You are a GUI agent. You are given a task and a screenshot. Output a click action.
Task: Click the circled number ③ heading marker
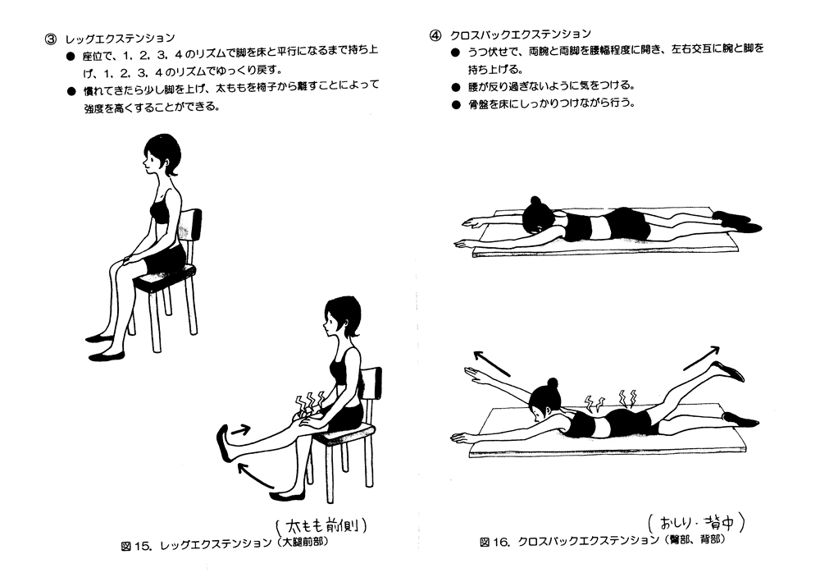coord(49,38)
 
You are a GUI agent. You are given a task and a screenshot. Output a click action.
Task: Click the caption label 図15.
coord(134,543)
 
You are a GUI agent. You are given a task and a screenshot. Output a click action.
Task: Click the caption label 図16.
coord(495,542)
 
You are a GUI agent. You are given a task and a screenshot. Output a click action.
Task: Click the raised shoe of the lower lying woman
coord(728,371)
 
